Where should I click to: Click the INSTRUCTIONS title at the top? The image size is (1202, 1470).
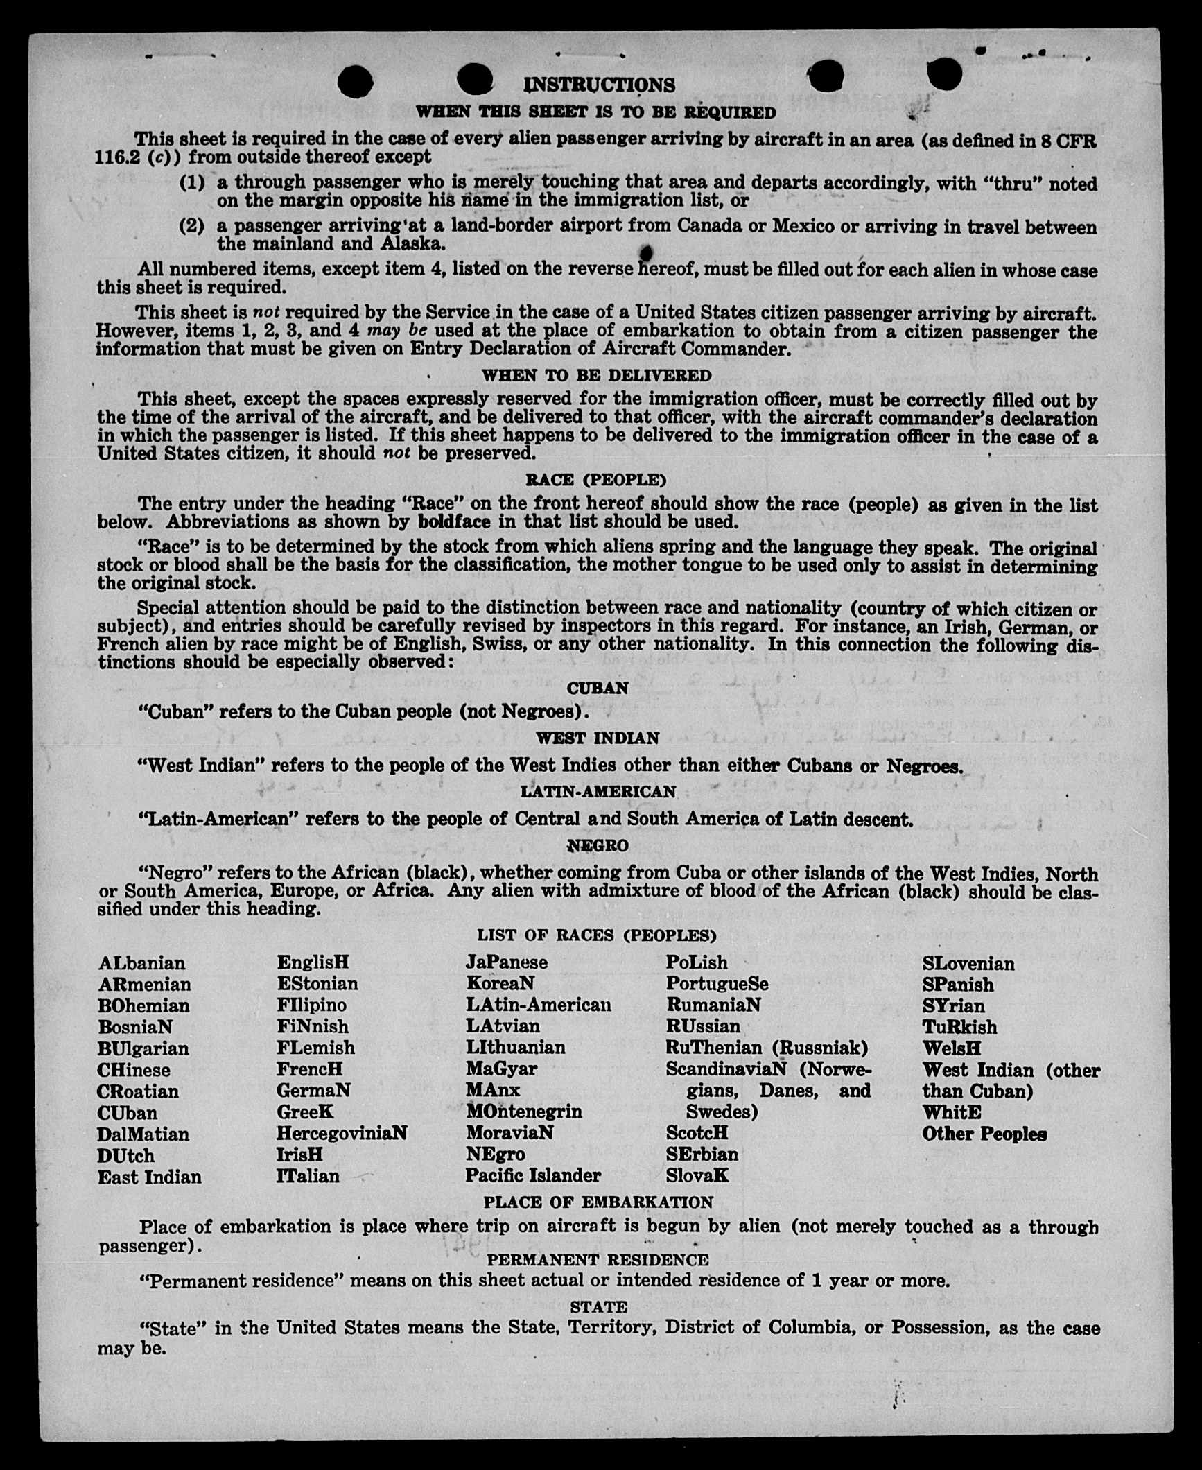(599, 85)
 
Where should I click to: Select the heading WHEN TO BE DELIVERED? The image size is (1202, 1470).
(596, 376)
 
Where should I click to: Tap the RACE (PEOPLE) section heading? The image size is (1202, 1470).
(596, 480)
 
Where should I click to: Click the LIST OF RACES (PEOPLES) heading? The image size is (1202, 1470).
(596, 935)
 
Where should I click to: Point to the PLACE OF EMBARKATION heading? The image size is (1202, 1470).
(598, 1202)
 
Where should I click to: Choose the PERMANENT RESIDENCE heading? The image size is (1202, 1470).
(598, 1260)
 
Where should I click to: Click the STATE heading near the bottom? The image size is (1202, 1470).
(598, 1307)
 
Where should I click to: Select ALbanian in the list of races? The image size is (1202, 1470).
(141, 963)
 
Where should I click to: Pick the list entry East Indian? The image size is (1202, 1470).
(149, 1177)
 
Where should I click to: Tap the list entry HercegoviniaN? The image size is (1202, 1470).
(341, 1134)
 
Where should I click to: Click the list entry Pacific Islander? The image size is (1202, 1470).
(532, 1176)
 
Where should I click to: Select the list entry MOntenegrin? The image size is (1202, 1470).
(523, 1112)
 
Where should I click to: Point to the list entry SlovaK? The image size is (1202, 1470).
(697, 1176)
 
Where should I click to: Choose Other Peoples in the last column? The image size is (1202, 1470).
(984, 1134)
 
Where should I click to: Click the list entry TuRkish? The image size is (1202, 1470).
(959, 1027)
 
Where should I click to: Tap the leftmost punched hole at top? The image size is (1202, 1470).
(355, 82)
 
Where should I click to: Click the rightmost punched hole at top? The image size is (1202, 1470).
(944, 73)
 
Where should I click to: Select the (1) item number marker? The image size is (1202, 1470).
(192, 183)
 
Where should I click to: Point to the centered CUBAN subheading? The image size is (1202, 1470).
(598, 689)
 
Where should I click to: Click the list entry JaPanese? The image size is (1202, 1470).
(506, 962)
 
